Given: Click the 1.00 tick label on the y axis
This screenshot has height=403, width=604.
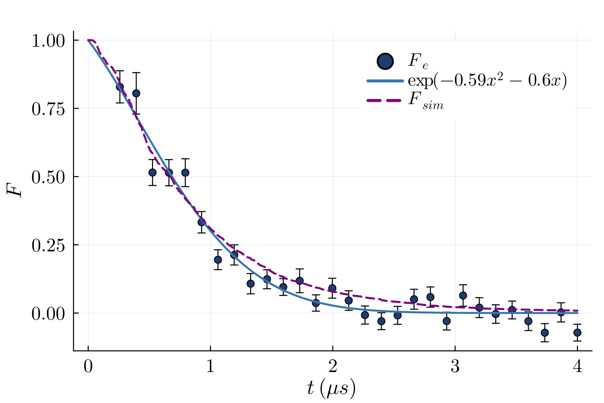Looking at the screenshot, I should click(48, 41).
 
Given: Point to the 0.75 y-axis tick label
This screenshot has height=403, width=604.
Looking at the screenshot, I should click(48, 109).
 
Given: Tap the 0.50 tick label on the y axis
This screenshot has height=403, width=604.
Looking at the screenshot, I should click(48, 178).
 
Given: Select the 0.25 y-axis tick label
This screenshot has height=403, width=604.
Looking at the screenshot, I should click(48, 246).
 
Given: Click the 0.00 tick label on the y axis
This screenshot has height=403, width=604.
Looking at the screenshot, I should click(48, 314).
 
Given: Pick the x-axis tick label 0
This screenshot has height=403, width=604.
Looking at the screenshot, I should click(88, 367).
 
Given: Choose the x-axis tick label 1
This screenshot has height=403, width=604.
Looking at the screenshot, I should click(210, 367).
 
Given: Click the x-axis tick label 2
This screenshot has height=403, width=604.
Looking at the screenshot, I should click(332, 367).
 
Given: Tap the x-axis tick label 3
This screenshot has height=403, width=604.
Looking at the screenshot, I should click(455, 367).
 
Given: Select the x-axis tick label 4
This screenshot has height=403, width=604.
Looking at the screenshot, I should click(577, 367).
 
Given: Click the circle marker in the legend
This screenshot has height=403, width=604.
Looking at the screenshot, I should click(385, 61).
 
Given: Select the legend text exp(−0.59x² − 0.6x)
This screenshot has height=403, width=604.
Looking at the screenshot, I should click(487, 81).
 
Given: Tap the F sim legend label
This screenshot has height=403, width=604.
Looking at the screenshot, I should click(426, 101).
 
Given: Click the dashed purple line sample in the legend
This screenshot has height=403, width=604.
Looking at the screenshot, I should click(385, 101).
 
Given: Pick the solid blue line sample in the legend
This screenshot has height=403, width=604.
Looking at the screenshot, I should click(385, 81).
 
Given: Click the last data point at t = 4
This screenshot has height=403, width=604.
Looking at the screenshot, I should click(577, 332).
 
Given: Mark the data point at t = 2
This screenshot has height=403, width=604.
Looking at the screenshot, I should click(332, 288).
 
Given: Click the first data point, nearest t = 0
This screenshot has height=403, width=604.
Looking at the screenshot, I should click(120, 87).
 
